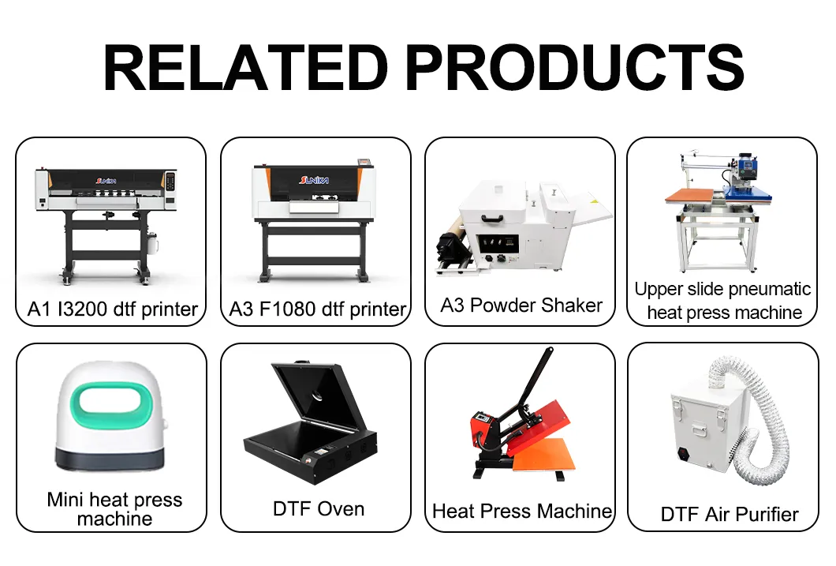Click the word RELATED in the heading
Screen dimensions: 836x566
246,68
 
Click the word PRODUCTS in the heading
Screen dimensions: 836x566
575,68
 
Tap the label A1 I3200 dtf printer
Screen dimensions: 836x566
113,309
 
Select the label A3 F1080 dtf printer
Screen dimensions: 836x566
317,309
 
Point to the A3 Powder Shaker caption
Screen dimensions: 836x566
521,305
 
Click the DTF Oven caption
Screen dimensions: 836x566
319,509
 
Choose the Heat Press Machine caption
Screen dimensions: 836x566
522,511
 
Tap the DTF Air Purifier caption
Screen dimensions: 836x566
730,514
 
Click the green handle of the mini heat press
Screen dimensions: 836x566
111,406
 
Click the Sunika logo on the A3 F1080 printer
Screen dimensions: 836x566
314,180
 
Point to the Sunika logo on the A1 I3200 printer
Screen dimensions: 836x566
106,181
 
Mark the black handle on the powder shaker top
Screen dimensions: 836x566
491,218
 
